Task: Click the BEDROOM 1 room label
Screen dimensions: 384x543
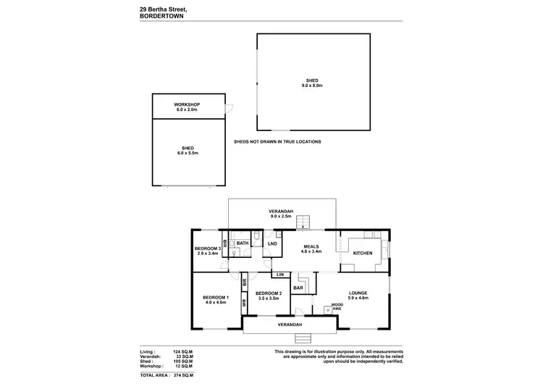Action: click(x=216, y=298)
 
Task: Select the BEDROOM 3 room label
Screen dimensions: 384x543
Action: click(x=207, y=249)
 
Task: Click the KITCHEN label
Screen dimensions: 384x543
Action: click(x=363, y=253)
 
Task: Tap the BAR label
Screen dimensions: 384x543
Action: click(x=298, y=288)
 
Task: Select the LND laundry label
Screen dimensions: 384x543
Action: click(x=272, y=243)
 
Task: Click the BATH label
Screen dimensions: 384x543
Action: click(x=243, y=243)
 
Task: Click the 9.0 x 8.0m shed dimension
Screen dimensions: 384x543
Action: click(x=311, y=85)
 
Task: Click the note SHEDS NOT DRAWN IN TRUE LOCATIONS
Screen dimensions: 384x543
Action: click(x=277, y=142)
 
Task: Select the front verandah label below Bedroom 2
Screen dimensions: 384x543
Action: click(x=290, y=325)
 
